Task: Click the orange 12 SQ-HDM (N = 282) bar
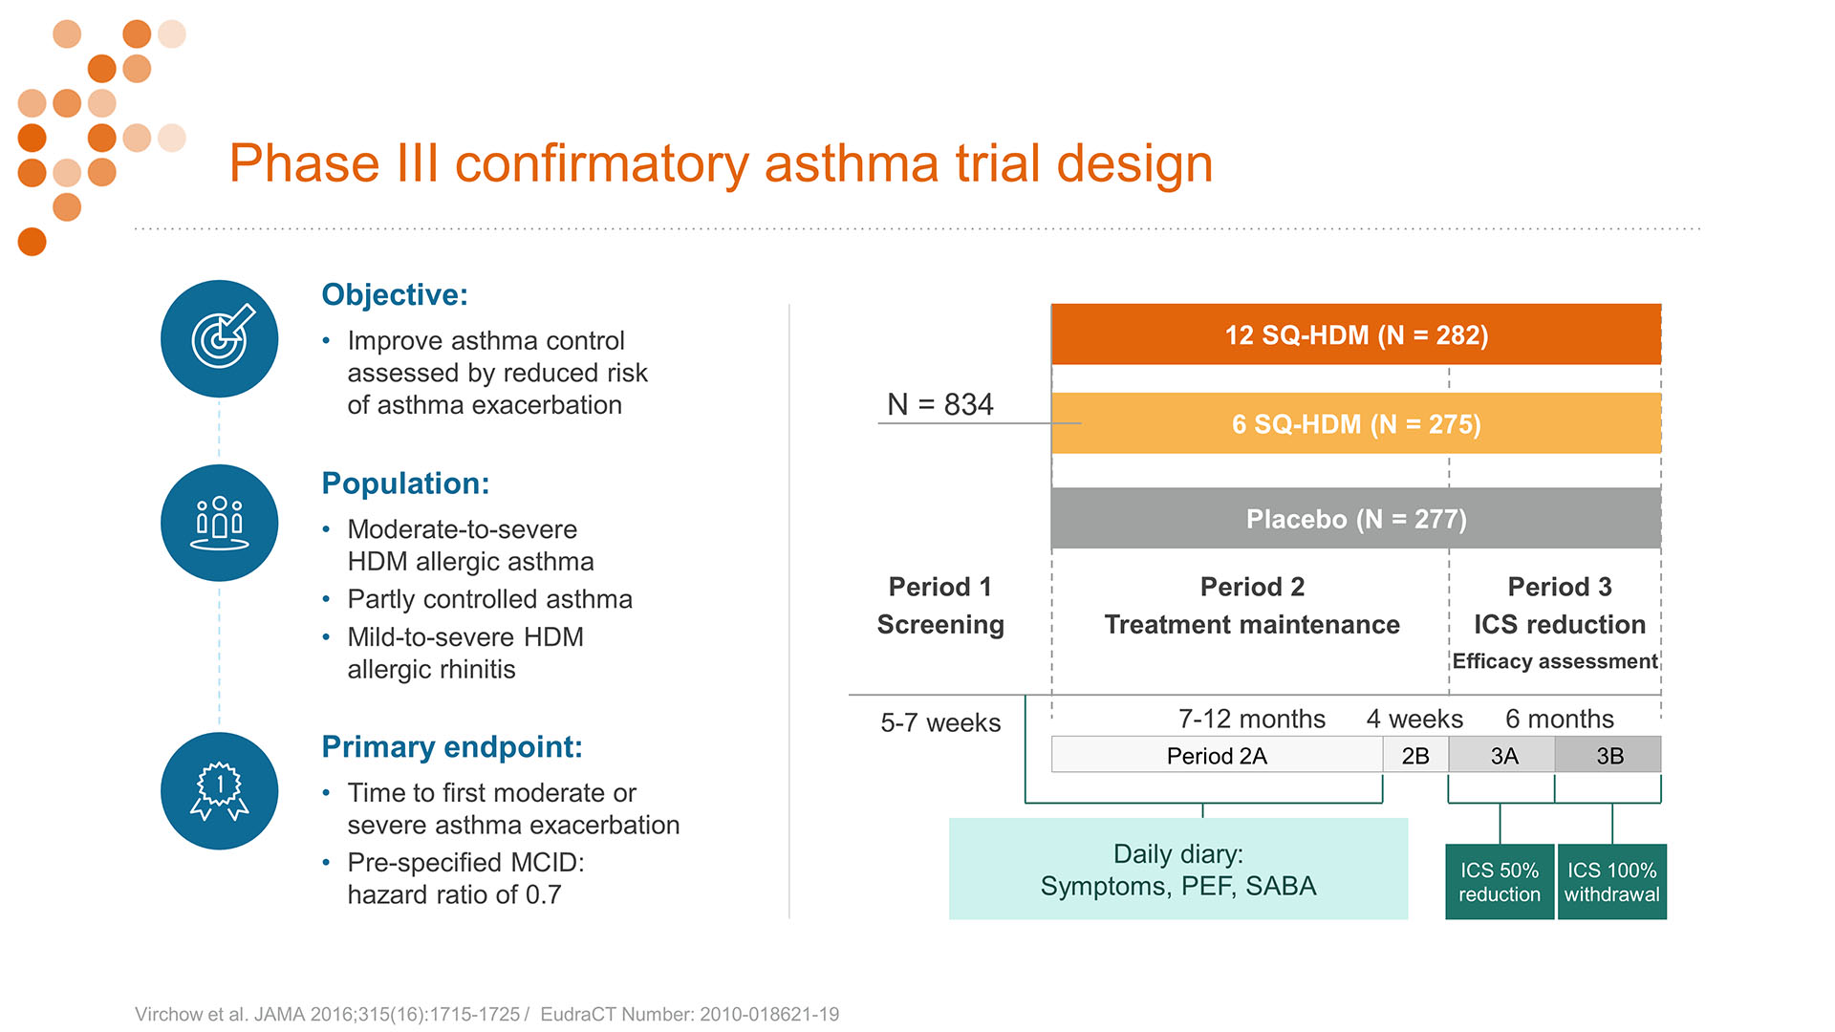[1356, 334]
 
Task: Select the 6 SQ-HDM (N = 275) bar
[1356, 423]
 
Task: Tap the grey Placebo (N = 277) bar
[1356, 518]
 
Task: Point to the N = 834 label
[940, 404]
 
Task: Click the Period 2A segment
[1217, 755]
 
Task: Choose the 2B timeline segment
[1415, 755]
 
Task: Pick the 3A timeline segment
[1502, 755]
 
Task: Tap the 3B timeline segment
[1608, 755]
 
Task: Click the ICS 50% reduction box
[1500, 882]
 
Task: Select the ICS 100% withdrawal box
[1612, 882]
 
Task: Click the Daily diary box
[1178, 869]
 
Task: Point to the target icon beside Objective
[219, 338]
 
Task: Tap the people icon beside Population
[219, 523]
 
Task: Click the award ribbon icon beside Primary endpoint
[219, 791]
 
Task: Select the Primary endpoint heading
[452, 746]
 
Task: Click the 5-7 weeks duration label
[940, 722]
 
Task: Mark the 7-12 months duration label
[1252, 719]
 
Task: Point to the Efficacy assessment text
[1555, 661]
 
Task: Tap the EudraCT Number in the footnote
[690, 1014]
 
